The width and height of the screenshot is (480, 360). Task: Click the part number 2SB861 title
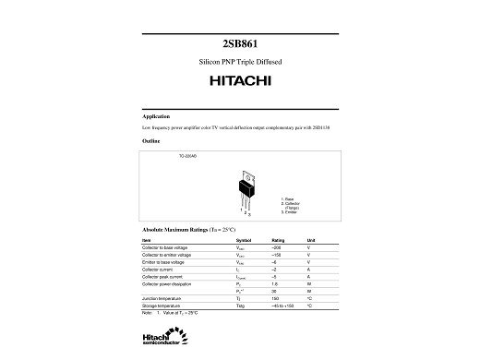click(x=239, y=43)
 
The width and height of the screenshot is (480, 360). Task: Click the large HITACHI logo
click(x=240, y=82)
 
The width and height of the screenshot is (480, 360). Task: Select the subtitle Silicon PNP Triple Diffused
click(x=240, y=61)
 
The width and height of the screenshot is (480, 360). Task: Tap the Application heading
click(x=156, y=116)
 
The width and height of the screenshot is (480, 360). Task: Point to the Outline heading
click(x=151, y=141)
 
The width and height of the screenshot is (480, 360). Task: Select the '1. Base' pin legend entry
click(x=288, y=199)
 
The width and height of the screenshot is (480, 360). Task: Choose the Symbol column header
click(x=244, y=240)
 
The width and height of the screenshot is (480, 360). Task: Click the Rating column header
click(x=277, y=240)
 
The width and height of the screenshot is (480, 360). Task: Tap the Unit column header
click(x=311, y=240)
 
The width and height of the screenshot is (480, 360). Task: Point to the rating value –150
click(x=276, y=255)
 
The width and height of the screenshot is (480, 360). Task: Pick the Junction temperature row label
click(x=161, y=299)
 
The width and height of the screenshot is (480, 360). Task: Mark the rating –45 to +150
click(x=281, y=306)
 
